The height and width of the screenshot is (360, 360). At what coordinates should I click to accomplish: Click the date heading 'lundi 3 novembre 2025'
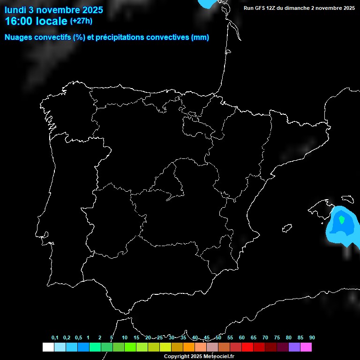pyautogui.click(x=54, y=10)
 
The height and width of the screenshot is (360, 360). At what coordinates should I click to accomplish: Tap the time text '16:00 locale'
pyautogui.click(x=36, y=21)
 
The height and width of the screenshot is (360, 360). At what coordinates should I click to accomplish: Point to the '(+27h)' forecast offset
pyautogui.click(x=81, y=21)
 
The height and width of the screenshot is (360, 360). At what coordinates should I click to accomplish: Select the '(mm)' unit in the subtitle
pyautogui.click(x=200, y=37)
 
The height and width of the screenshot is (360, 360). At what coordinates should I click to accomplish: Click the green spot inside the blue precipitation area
pyautogui.click(x=342, y=219)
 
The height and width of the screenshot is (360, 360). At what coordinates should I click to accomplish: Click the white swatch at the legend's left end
pyautogui.click(x=48, y=347)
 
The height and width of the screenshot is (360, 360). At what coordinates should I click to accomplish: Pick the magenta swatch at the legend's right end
pyautogui.click(x=306, y=347)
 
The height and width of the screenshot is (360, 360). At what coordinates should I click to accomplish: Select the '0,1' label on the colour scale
pyautogui.click(x=55, y=337)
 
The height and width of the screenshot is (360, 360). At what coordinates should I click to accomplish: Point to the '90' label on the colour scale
pyautogui.click(x=312, y=337)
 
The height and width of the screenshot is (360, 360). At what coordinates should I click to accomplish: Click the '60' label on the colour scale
pyautogui.click(x=242, y=337)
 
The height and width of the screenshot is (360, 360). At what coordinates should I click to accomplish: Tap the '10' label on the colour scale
pyautogui.click(x=125, y=337)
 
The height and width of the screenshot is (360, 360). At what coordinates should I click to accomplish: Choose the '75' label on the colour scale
pyautogui.click(x=277, y=337)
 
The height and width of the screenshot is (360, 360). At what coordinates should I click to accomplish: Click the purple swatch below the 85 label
pyautogui.click(x=294, y=347)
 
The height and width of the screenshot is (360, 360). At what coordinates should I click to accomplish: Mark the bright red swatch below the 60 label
pyautogui.click(x=247, y=347)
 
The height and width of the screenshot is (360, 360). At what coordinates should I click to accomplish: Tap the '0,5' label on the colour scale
pyautogui.click(x=78, y=337)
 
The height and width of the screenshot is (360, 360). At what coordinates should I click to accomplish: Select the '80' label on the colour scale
pyautogui.click(x=289, y=337)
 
